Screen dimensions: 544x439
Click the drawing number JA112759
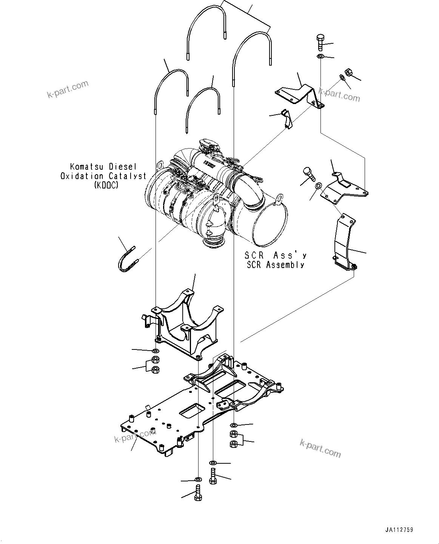pyautogui.click(x=399, y=530)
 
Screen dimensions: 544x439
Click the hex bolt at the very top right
pyautogui.click(x=319, y=42)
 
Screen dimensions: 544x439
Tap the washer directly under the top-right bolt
pyautogui.click(x=319, y=57)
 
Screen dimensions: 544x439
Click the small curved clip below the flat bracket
pyautogui.click(x=287, y=119)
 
